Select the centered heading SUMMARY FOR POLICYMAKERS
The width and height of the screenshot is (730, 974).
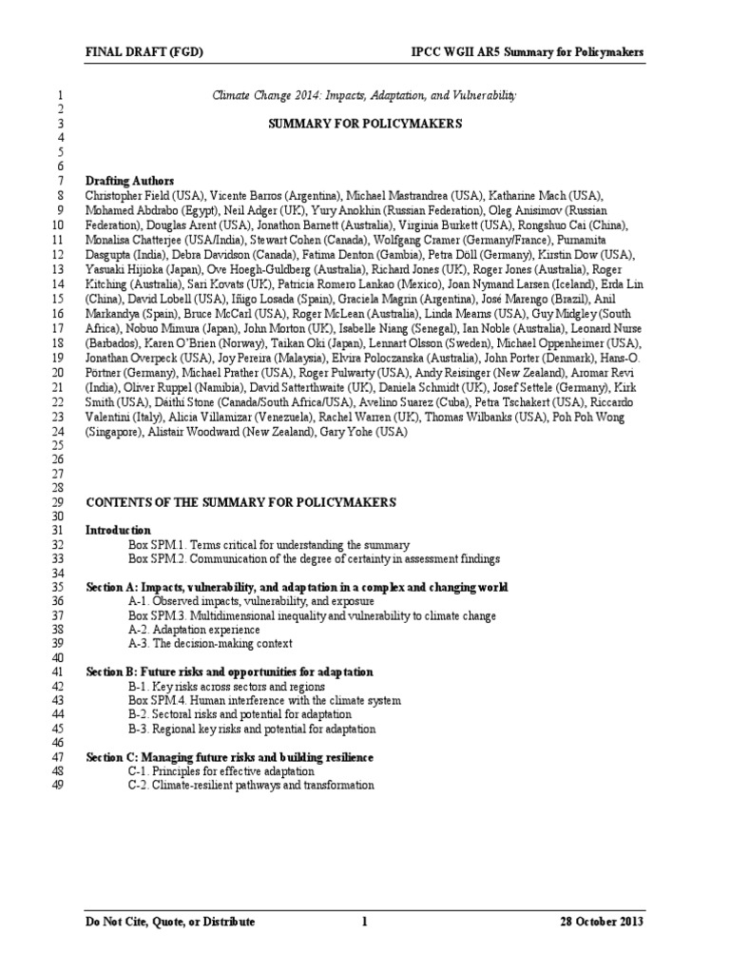(x=365, y=124)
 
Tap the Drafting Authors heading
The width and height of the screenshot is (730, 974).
(x=130, y=181)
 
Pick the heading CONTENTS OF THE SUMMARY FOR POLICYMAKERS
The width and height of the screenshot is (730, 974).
(x=241, y=502)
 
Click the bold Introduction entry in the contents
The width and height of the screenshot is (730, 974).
(x=118, y=530)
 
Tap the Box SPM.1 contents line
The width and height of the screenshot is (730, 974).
(x=269, y=545)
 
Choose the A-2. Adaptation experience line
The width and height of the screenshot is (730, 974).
(x=194, y=630)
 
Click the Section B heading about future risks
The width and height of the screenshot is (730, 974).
(x=229, y=672)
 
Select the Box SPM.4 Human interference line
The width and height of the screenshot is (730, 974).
(x=264, y=700)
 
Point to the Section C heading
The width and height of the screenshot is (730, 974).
(x=229, y=756)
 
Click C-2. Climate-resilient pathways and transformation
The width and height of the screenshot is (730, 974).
(x=251, y=786)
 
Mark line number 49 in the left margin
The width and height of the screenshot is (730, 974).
(x=55, y=786)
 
